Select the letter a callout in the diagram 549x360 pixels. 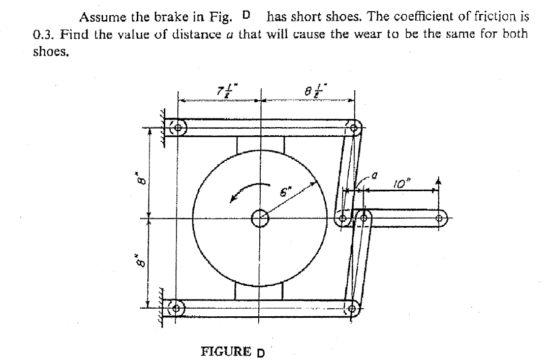click(375, 175)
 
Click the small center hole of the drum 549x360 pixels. click(260, 219)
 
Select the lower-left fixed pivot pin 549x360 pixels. click(177, 308)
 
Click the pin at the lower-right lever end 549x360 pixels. click(353, 307)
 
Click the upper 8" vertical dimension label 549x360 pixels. click(144, 180)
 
